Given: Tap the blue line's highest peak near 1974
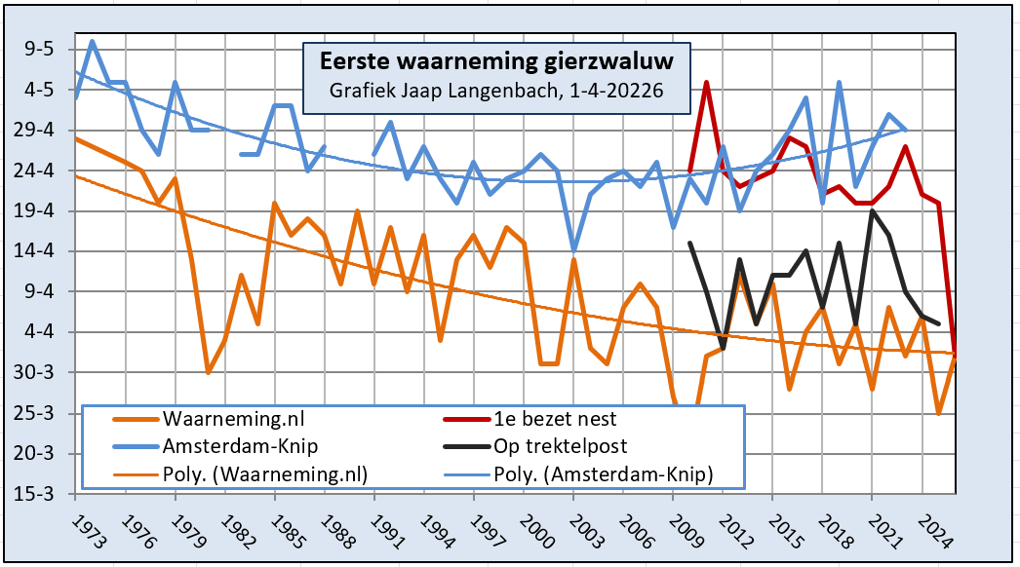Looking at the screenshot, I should click(x=92, y=41).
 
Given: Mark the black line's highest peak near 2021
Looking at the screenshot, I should click(x=872, y=210).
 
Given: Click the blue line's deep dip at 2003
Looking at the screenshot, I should click(x=573, y=251).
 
